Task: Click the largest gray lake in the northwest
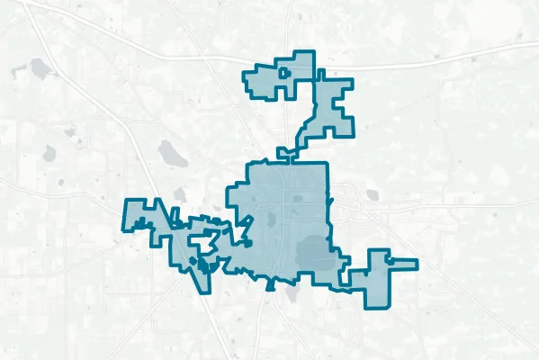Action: point(40,67)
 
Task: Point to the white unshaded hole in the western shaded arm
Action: point(205,241)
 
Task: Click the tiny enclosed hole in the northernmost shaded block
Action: point(284,71)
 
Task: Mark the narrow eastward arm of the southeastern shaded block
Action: point(402,264)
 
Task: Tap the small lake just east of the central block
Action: point(370,193)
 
